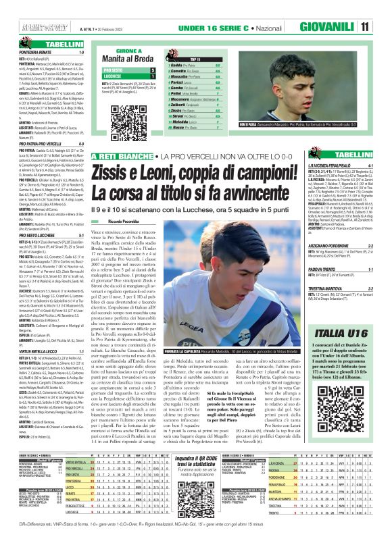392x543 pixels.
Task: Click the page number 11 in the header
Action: [383, 26]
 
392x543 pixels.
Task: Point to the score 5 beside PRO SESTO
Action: [153, 70]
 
